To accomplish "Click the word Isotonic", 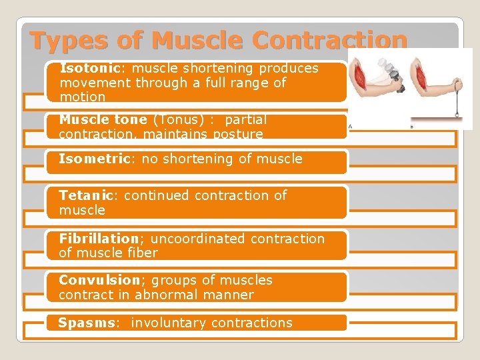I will click(83, 69).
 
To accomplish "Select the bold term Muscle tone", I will click(103, 120).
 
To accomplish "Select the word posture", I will click(237, 135).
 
